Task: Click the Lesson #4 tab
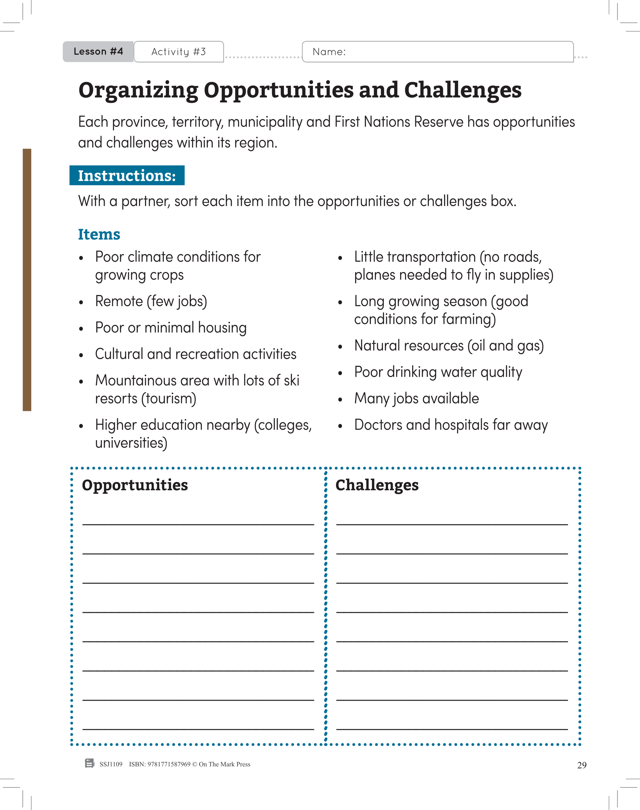(98, 51)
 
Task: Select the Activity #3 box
(178, 52)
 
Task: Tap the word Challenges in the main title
(462, 90)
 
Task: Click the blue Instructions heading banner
(127, 175)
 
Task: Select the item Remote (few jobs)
(151, 301)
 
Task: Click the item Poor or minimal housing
(171, 327)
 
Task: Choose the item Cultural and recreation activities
(195, 354)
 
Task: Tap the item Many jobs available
(416, 398)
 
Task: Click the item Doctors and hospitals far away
(451, 425)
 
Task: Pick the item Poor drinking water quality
(438, 372)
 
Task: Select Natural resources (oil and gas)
(448, 345)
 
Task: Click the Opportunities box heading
(135, 485)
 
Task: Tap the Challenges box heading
(377, 485)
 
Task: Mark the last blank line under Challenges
(452, 725)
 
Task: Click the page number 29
(582, 765)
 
